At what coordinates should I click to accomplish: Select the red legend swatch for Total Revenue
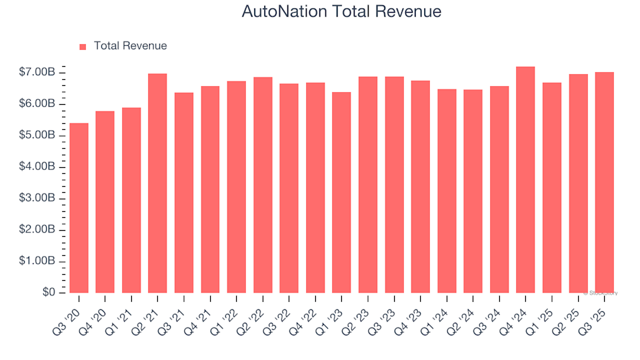(x=83, y=47)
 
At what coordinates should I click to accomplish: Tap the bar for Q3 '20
(x=79, y=208)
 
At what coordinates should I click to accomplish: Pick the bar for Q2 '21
(x=157, y=183)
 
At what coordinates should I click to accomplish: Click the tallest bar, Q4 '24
(x=525, y=180)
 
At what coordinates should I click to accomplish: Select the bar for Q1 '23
(x=341, y=193)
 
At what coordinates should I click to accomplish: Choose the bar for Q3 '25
(x=604, y=183)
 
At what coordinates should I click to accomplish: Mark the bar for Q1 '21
(x=131, y=200)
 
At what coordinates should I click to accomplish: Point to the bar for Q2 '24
(x=473, y=191)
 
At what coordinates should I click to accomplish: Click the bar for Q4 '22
(x=315, y=188)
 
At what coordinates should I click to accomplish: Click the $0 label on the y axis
(x=49, y=293)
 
